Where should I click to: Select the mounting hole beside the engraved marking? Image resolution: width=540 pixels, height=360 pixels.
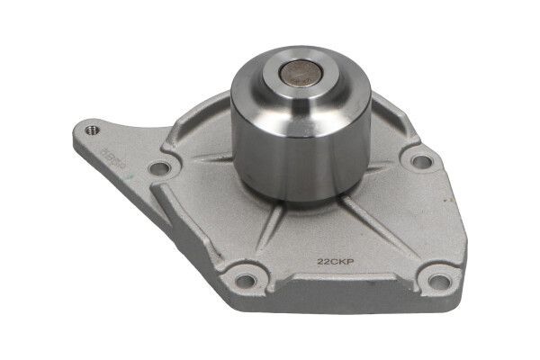[159, 166]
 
